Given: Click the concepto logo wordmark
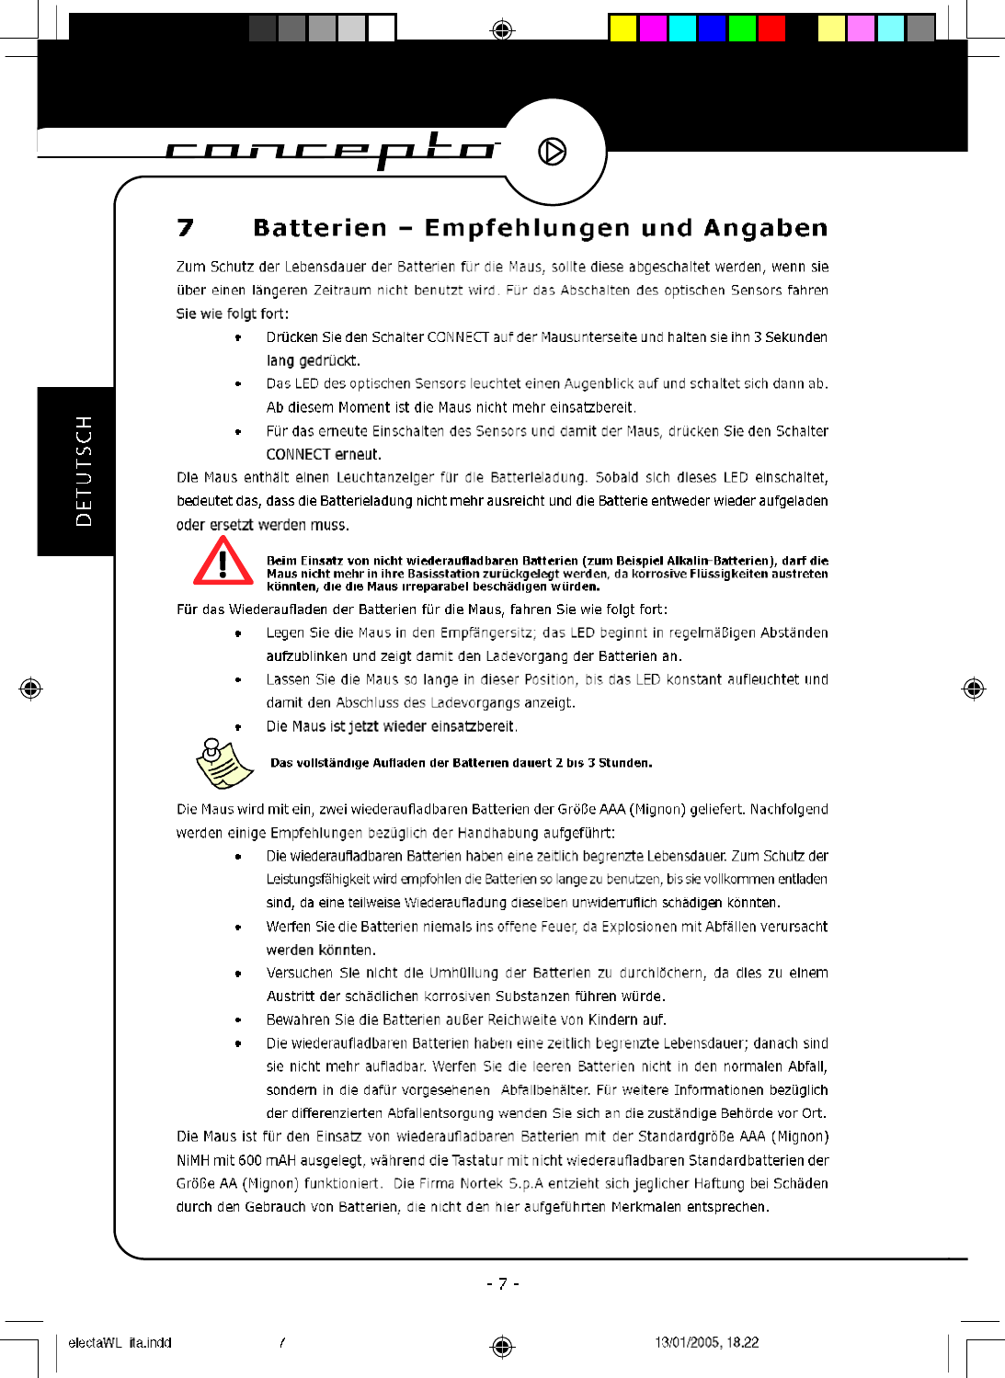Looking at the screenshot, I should click(331, 149).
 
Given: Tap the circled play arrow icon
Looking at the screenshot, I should click(552, 151).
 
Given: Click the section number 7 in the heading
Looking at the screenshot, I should click(186, 227).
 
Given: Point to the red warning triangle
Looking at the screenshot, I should click(223, 562).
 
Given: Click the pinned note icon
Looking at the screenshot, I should click(223, 763).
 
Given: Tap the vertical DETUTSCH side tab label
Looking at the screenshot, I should click(84, 471).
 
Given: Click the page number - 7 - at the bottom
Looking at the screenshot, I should click(502, 1283).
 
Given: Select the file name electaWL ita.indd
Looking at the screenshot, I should click(120, 1342).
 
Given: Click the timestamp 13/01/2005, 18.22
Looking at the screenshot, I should click(706, 1342).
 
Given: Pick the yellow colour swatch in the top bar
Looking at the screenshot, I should click(622, 28).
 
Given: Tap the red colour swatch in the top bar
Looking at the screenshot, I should click(771, 28).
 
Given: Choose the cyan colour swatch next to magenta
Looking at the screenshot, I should click(682, 28).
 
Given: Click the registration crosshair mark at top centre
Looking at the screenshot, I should click(502, 30).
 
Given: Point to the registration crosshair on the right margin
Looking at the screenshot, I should click(973, 689).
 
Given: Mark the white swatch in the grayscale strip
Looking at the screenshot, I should click(382, 28).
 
